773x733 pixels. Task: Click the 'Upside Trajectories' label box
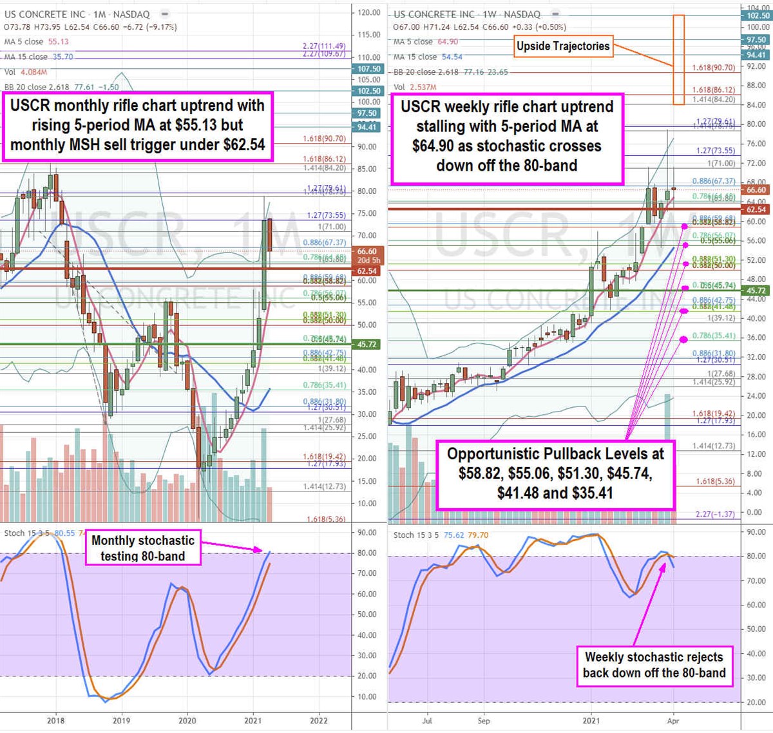pyautogui.click(x=563, y=46)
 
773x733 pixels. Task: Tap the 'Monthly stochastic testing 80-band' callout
pyautogui.click(x=142, y=548)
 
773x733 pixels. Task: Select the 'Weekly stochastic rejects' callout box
pyautogui.click(x=654, y=665)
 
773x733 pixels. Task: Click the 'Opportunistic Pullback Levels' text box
pyautogui.click(x=555, y=473)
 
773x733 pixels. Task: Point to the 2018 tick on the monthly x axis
pyautogui.click(x=56, y=721)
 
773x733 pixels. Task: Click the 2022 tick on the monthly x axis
pyautogui.click(x=318, y=721)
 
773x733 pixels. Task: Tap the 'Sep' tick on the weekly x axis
pyautogui.click(x=484, y=721)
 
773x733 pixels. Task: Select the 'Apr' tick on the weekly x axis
pyautogui.click(x=673, y=721)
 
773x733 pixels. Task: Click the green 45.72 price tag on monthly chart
pyautogui.click(x=367, y=345)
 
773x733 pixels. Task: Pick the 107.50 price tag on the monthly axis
pyautogui.click(x=369, y=69)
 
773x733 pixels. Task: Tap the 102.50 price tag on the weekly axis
pyautogui.click(x=758, y=16)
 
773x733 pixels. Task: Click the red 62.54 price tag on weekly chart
pyautogui.click(x=756, y=209)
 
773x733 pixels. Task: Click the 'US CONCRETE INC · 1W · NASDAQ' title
pyautogui.click(x=467, y=14)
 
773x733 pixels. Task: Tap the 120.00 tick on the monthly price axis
pyautogui.click(x=369, y=13)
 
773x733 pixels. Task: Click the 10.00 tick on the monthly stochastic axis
pyautogui.click(x=367, y=697)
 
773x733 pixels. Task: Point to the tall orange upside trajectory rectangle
pyautogui.click(x=678, y=59)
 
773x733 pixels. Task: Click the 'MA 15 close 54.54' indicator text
pyautogui.click(x=428, y=57)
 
